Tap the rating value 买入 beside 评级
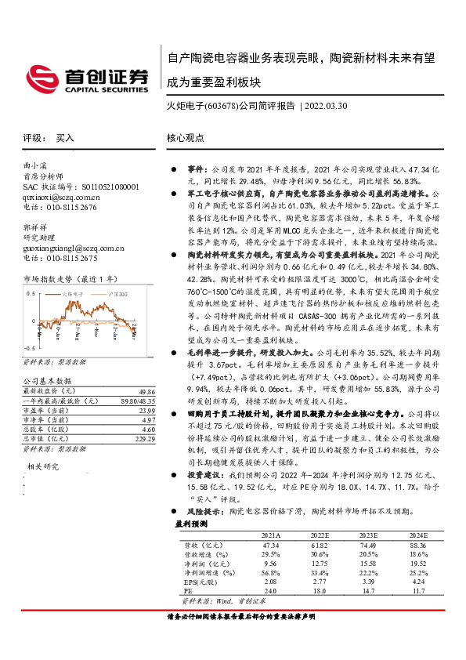coord(65,138)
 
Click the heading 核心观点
coord(186,138)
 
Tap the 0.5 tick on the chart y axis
coord(33,292)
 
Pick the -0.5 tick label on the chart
coord(31,346)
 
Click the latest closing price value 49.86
coord(146,390)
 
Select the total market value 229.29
coord(145,441)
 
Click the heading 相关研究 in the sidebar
coord(45,466)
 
